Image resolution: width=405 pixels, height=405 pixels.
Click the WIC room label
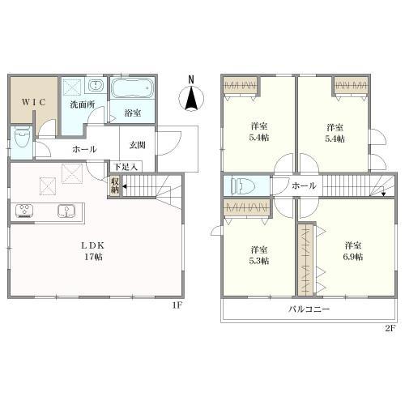[x=34, y=102]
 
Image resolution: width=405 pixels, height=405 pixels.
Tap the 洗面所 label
[x=83, y=104]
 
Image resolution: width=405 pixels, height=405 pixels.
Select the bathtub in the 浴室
[x=132, y=88]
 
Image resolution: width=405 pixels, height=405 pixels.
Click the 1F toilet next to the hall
[x=22, y=137]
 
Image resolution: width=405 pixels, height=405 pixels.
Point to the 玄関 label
[x=138, y=145]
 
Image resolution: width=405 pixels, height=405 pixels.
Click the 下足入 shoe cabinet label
[x=125, y=167]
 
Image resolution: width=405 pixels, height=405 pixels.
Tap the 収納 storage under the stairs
[x=115, y=185]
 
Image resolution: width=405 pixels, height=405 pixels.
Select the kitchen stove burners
[x=24, y=211]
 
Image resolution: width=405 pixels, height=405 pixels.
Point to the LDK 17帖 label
[x=93, y=251]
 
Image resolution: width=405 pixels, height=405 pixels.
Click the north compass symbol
[x=191, y=95]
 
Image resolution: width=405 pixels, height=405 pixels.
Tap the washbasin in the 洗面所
[x=96, y=86]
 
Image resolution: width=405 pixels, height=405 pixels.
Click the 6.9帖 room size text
[x=352, y=257]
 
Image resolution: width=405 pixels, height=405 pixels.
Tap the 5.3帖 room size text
[x=258, y=261]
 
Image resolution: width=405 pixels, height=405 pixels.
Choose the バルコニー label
[x=309, y=309]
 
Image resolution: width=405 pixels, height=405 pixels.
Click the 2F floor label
[x=390, y=328]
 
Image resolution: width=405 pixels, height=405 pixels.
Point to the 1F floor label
[x=177, y=305]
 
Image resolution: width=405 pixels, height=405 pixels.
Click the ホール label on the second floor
[x=304, y=185]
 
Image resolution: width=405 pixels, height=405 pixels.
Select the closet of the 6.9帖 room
[x=306, y=259]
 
